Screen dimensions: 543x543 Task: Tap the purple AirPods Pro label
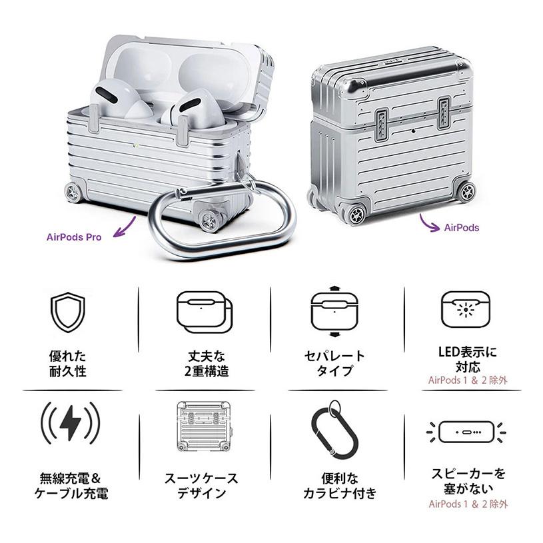click(x=74, y=237)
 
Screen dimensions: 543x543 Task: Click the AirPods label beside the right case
click(x=461, y=227)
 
